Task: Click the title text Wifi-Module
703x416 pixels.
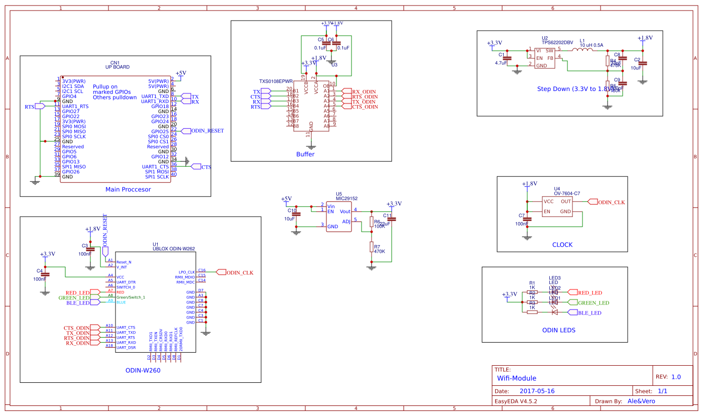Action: [517, 378]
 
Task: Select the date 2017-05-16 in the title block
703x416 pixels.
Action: [537, 391]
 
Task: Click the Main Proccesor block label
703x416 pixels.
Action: [128, 189]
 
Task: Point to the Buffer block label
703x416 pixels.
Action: [305, 154]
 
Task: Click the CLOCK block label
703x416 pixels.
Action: [562, 245]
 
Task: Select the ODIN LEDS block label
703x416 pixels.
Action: [559, 330]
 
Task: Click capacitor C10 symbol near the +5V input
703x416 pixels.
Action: [296, 215]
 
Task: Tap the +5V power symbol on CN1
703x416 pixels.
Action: [181, 73]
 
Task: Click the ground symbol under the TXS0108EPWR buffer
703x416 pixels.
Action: [311, 147]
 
